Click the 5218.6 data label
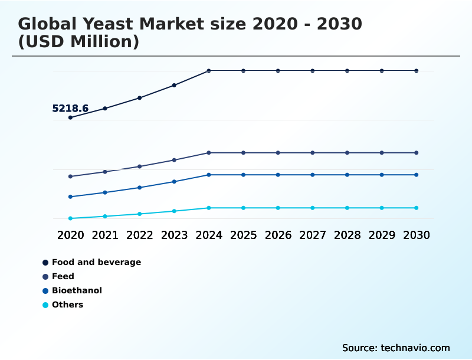coord(70,109)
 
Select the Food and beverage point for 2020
coord(70,117)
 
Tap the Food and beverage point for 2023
coord(174,85)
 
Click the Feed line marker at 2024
coord(209,153)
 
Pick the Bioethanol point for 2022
coord(140,188)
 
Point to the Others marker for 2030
coord(417,208)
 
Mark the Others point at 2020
coord(70,218)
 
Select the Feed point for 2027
coord(313,153)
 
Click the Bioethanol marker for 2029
coord(382,175)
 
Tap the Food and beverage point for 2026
coord(278,71)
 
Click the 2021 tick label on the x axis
coord(105,235)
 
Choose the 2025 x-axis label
coord(243,235)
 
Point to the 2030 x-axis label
coord(417,235)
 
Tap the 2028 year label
coord(347,235)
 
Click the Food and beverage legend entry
coord(96,262)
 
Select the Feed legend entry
coord(63,276)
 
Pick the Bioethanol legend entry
coord(77,290)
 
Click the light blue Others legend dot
coord(45,305)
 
